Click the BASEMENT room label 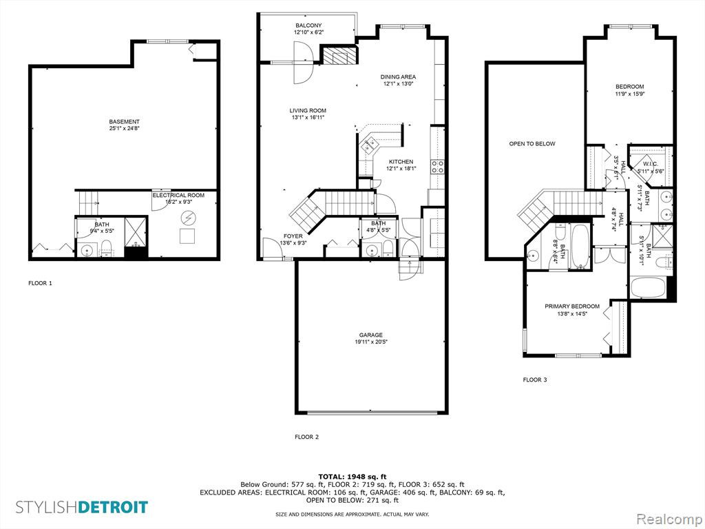[124, 121]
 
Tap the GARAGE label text [371, 335]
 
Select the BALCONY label [308, 25]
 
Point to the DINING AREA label [398, 77]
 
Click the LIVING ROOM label [308, 111]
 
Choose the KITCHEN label [401, 162]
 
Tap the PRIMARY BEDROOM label [572, 307]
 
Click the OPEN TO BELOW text [532, 144]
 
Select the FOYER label [293, 236]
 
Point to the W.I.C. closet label [650, 164]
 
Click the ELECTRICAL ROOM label [178, 195]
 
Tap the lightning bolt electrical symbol [188, 219]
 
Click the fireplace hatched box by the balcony [340, 54]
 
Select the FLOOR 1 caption [40, 283]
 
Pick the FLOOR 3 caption [534, 380]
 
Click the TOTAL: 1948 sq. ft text [352, 477]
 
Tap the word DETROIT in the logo [113, 507]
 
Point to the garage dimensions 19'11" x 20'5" [371, 342]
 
